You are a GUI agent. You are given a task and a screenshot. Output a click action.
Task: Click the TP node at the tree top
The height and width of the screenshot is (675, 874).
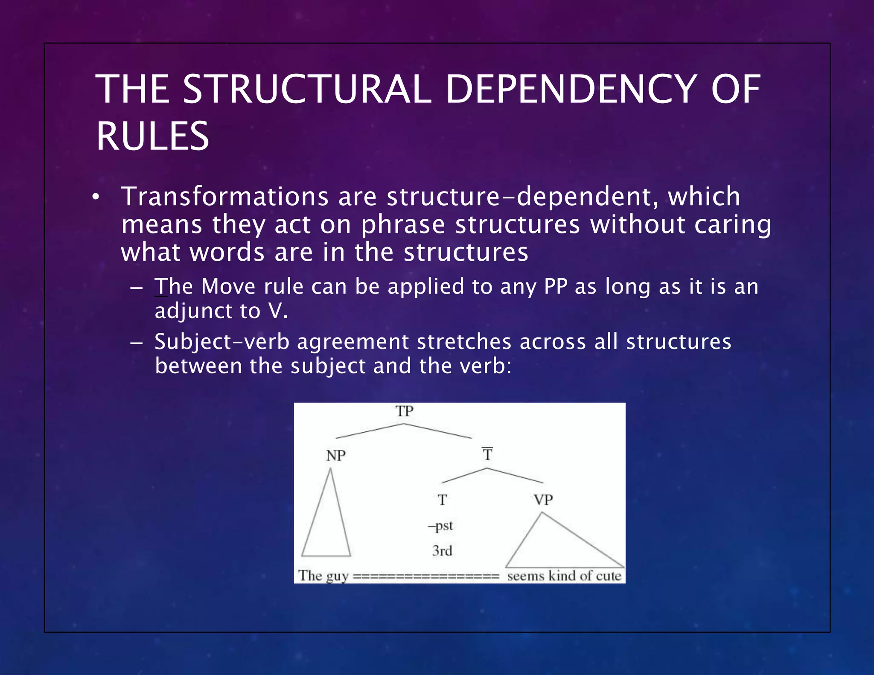(405, 411)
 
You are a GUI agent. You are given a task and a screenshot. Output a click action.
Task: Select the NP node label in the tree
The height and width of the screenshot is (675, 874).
(336, 456)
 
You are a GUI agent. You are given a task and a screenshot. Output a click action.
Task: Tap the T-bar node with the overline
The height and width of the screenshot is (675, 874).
(487, 454)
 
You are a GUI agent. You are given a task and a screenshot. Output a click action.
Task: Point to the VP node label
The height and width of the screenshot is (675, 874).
(543, 500)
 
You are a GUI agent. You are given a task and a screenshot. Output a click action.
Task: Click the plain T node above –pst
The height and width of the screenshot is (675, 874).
(442, 500)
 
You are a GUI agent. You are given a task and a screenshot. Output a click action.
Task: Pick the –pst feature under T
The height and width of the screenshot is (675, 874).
(440, 526)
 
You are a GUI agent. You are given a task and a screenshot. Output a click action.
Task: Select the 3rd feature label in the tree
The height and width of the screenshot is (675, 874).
(442, 550)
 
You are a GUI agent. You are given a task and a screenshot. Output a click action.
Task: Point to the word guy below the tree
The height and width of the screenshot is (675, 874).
(337, 576)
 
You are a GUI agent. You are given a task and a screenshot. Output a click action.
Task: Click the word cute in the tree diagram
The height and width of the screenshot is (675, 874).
(609, 576)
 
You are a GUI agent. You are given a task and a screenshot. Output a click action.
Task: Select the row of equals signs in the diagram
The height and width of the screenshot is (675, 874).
(426, 577)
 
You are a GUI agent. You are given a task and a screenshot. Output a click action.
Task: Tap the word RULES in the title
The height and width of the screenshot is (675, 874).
(152, 136)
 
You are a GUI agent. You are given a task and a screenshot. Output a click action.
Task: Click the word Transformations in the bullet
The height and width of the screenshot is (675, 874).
(225, 197)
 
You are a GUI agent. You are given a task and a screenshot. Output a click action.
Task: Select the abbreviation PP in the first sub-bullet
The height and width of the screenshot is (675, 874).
(556, 286)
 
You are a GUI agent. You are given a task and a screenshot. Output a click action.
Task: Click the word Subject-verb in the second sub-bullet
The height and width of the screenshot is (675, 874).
(222, 342)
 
